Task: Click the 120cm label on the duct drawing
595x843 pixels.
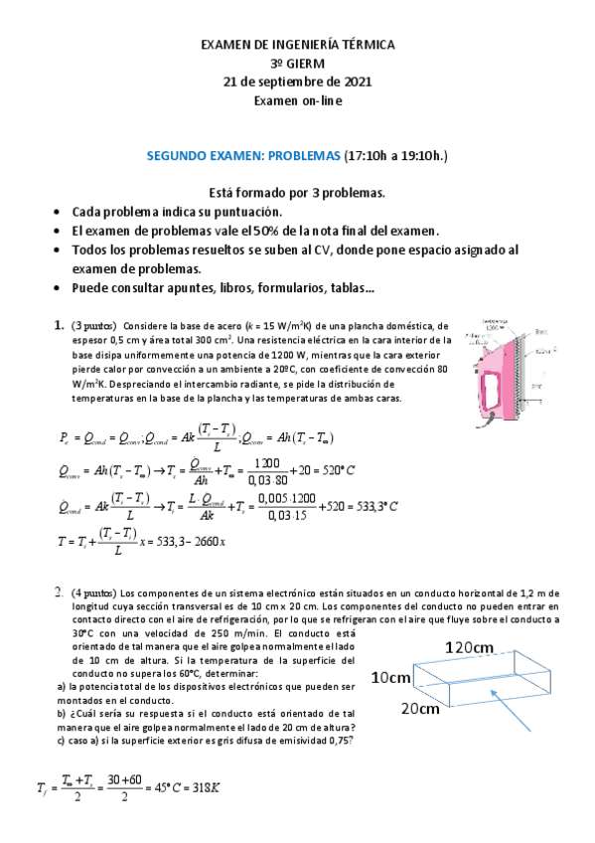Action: click(469, 647)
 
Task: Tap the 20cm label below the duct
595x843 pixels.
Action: click(421, 709)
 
